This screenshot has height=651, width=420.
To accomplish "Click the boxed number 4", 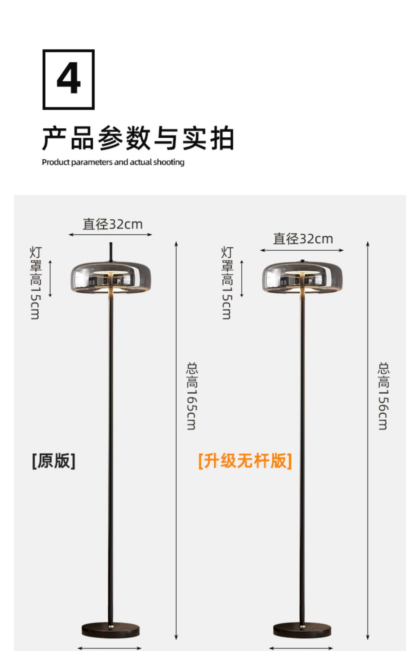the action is click(x=68, y=79).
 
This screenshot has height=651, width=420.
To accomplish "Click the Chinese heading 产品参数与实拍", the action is click(x=138, y=138).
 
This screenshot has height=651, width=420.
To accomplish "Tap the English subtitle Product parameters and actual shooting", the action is click(x=113, y=162).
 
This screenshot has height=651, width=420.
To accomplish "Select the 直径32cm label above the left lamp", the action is click(x=112, y=224).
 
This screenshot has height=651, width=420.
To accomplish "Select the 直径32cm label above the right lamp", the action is click(x=303, y=239).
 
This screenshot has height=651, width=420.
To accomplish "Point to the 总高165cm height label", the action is click(x=192, y=396).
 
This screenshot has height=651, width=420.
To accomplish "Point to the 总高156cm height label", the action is click(x=383, y=396).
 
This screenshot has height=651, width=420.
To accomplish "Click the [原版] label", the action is click(x=54, y=461).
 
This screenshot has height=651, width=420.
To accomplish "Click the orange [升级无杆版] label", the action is click(x=245, y=461).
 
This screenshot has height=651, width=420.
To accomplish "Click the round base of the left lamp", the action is click(x=111, y=630).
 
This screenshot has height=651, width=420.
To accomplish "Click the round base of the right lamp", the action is click(x=302, y=630).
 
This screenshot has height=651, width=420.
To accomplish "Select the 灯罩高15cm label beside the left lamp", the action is click(x=36, y=283).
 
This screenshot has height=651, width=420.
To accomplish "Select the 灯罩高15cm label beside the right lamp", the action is click(x=227, y=283).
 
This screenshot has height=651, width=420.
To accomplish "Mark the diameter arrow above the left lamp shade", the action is click(x=110, y=234).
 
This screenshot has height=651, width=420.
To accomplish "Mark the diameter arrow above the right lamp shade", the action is click(x=302, y=250).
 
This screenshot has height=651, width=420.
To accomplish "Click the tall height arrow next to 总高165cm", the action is click(x=176, y=441).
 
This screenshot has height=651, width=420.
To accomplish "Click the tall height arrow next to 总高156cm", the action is click(x=368, y=441).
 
